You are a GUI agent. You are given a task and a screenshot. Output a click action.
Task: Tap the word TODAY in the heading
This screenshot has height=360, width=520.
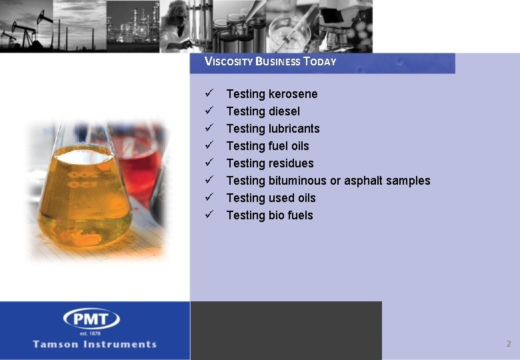(319, 61)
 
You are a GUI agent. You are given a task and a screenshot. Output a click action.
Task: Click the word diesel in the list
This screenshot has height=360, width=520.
(284, 111)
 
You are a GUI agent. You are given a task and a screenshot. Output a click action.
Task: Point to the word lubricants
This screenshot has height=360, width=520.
(294, 129)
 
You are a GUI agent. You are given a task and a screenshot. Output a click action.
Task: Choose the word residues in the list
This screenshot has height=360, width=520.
(291, 163)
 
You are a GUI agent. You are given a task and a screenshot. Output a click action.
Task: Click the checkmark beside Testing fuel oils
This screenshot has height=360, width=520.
(209, 145)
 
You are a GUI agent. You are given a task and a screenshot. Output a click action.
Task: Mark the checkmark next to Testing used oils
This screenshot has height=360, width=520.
(209, 197)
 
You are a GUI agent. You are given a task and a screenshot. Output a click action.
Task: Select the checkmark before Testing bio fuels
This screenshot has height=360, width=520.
(209, 215)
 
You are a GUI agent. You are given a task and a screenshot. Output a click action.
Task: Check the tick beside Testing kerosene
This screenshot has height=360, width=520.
(209, 93)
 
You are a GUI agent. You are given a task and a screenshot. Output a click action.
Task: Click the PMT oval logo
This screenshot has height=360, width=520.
(91, 319)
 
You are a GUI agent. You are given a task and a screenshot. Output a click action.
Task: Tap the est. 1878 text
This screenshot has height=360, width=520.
(91, 333)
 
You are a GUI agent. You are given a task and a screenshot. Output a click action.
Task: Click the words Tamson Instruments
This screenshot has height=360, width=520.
(95, 345)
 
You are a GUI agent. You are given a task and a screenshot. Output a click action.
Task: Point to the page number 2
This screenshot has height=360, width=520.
(508, 344)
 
